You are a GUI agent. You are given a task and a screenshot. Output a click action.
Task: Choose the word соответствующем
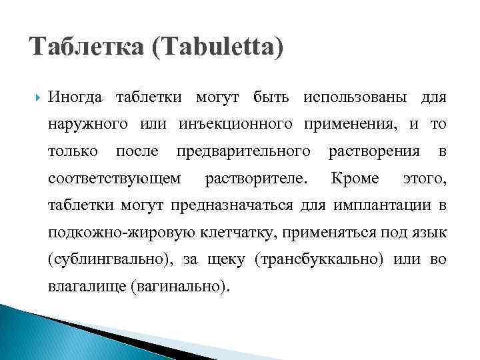point(114,178)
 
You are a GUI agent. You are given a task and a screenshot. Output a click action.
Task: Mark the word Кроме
point(355,178)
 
